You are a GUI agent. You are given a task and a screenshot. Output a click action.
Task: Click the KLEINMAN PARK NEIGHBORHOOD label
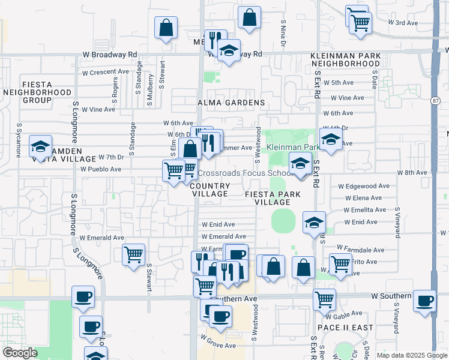345,59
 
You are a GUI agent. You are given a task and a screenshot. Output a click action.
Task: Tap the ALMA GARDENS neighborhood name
231,103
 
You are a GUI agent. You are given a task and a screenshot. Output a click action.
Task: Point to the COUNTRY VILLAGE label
209,190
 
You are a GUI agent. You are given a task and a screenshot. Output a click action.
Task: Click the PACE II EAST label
345,328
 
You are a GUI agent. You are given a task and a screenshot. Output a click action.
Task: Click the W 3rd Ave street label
403,23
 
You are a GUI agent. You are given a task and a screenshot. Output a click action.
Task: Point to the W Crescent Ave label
105,72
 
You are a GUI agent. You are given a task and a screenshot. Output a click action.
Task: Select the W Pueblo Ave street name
101,170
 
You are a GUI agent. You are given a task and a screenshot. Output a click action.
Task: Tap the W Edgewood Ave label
364,186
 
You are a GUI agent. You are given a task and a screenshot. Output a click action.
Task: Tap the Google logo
20,353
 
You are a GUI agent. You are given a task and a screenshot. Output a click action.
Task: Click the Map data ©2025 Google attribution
411,355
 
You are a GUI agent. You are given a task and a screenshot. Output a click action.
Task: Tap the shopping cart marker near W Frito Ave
340,263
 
